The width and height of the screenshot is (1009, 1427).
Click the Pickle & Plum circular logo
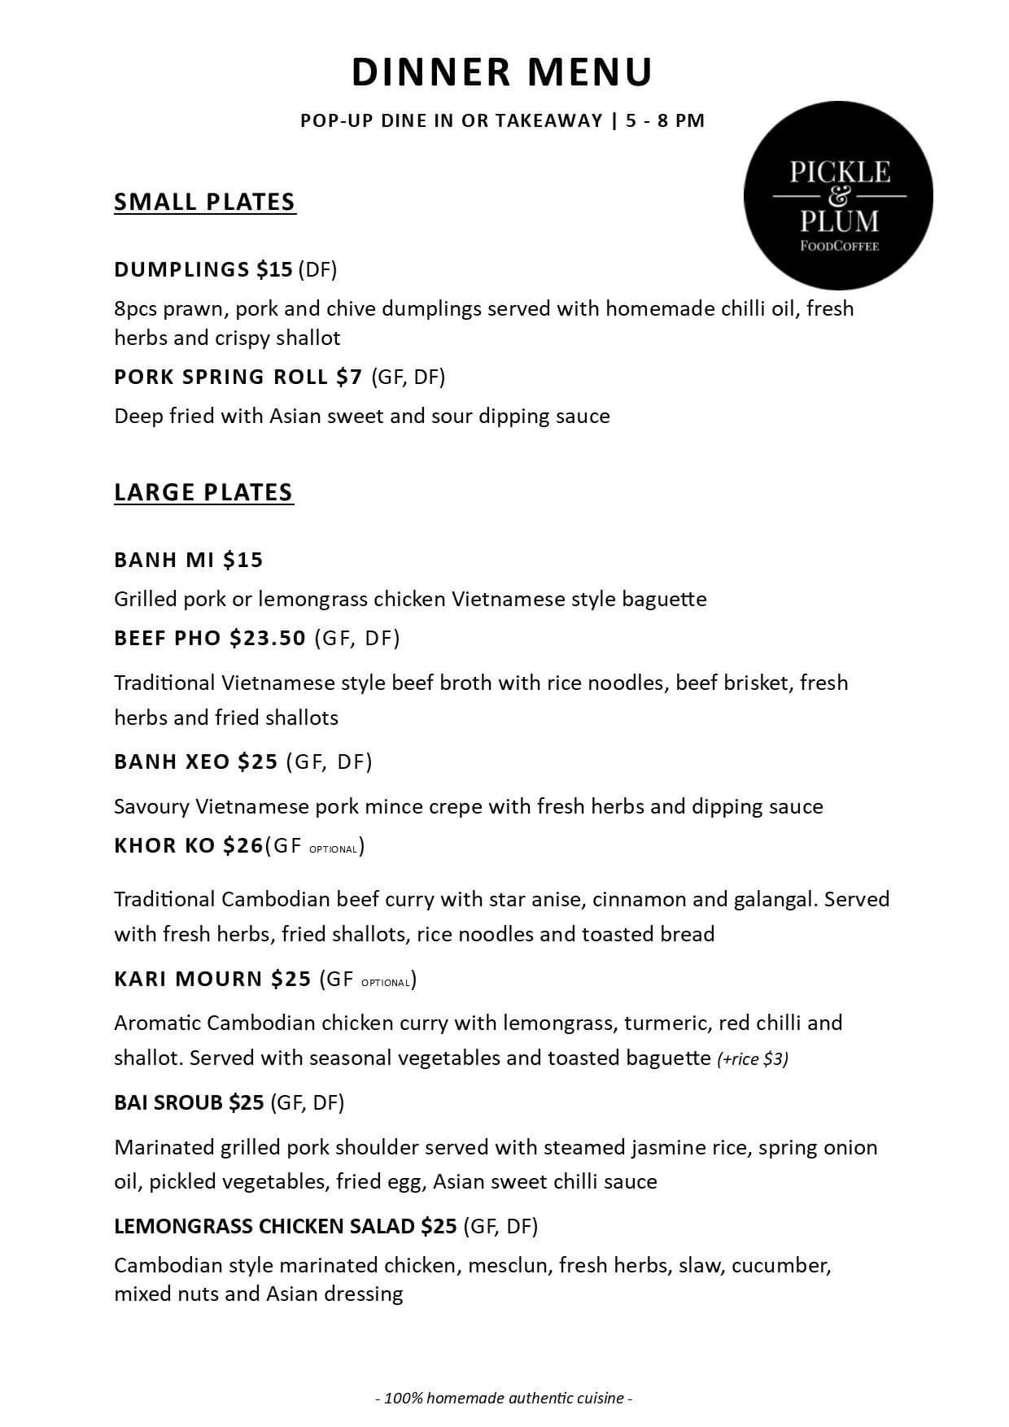[x=838, y=195]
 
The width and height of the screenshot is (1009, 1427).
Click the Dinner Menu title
[x=502, y=72]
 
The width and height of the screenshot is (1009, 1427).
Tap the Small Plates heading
[x=204, y=202]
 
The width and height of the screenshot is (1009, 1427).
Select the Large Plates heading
[x=203, y=492]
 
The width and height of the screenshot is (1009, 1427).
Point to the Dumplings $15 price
[x=274, y=269]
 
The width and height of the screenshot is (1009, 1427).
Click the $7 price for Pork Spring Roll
[x=349, y=377]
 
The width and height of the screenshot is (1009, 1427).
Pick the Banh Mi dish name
[x=164, y=560]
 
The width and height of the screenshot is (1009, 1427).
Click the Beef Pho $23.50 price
[x=268, y=638]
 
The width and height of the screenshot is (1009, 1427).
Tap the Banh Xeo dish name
[x=172, y=762]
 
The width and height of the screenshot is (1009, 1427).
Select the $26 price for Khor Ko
[x=243, y=846]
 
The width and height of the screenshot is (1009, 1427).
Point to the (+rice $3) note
[x=753, y=1059]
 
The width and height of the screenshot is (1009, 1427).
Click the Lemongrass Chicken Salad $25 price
[x=439, y=1226]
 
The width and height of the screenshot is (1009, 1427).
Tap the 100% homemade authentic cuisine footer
[x=504, y=1399]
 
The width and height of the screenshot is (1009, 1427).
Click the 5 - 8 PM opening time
[x=665, y=120]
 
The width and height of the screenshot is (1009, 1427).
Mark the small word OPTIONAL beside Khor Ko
[x=333, y=849]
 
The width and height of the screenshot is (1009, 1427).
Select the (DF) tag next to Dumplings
[x=317, y=269]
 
